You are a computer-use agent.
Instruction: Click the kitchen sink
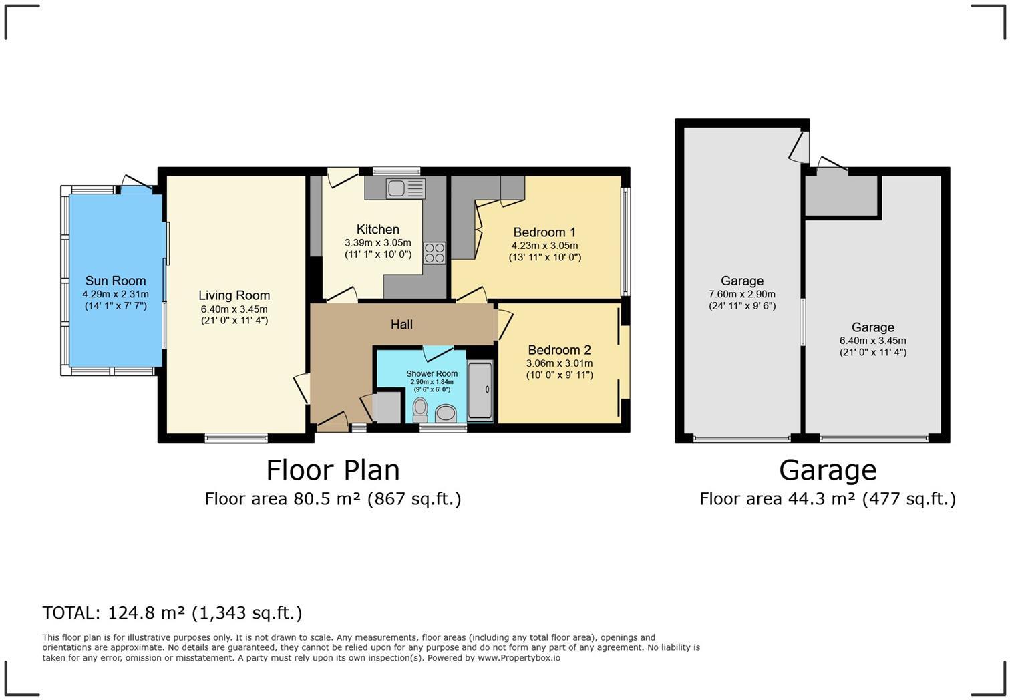click(x=405, y=188)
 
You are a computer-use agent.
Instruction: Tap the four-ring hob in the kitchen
click(x=434, y=253)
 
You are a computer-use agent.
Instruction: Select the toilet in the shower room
click(x=420, y=409)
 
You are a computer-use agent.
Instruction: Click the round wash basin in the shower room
click(x=446, y=413)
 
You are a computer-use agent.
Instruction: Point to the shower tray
click(x=480, y=390)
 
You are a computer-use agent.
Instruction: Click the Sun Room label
click(x=116, y=281)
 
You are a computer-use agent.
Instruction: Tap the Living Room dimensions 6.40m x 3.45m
click(x=234, y=309)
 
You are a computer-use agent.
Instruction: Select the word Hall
click(x=401, y=324)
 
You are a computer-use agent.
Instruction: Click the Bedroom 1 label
click(x=544, y=232)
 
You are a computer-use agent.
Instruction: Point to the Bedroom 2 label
click(x=559, y=350)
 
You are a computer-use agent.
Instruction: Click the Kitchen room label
click(x=378, y=229)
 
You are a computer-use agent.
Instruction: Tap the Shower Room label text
click(x=432, y=373)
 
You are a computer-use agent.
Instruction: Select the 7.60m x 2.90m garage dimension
click(x=741, y=294)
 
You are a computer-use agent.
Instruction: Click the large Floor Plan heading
click(x=333, y=470)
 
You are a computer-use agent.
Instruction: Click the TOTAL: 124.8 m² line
click(x=172, y=613)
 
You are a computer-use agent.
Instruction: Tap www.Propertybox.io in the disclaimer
click(x=519, y=658)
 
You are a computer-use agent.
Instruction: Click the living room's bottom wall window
click(x=236, y=437)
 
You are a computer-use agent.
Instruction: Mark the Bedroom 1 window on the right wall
click(x=625, y=241)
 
